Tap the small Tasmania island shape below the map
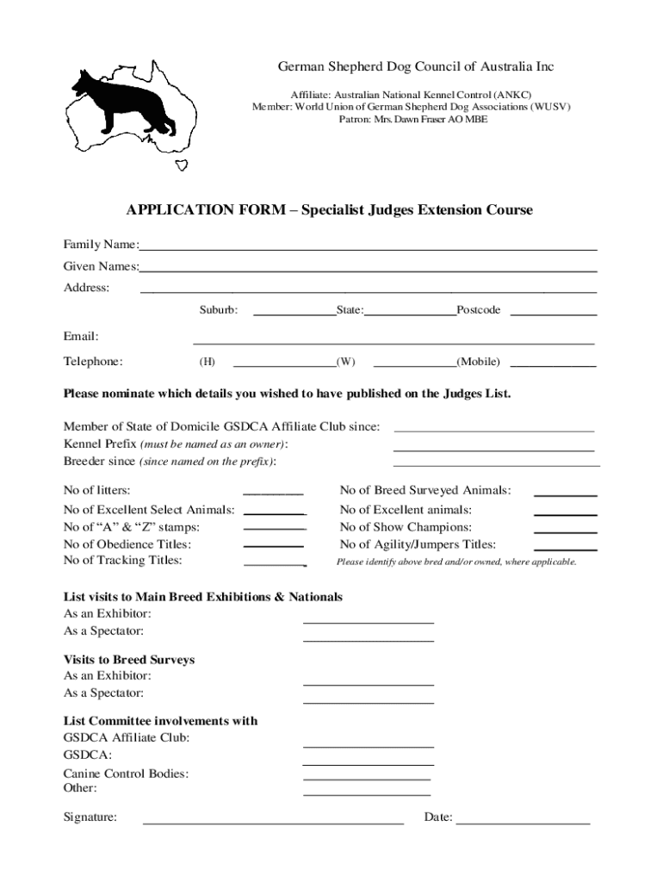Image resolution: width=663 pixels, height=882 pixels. coord(182,165)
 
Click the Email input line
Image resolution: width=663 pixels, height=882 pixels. coord(393,341)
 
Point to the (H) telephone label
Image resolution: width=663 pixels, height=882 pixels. coord(208,363)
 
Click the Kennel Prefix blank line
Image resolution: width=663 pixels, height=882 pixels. coord(493,448)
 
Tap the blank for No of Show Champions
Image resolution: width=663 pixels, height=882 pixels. coord(566,531)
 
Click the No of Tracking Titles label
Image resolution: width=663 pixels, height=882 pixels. coord(123,561)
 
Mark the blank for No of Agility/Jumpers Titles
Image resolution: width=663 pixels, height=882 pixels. coord(566,548)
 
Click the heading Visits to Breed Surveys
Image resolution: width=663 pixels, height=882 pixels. coord(129,660)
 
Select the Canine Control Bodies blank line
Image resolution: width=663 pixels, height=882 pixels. coord(367,777)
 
